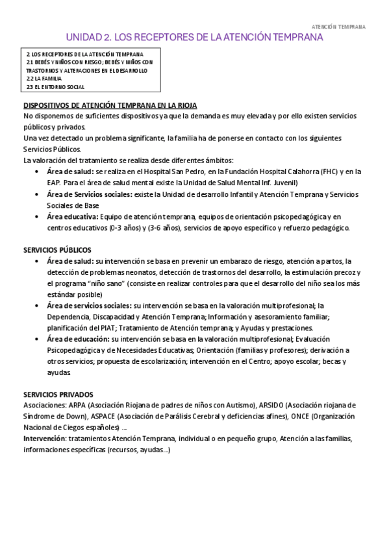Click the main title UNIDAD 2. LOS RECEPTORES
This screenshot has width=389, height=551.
click(x=194, y=38)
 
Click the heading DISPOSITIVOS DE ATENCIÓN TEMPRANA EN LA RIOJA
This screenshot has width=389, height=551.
click(x=110, y=105)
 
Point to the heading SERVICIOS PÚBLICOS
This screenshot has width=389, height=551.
click(x=57, y=250)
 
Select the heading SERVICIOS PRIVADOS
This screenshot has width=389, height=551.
click(x=58, y=394)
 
